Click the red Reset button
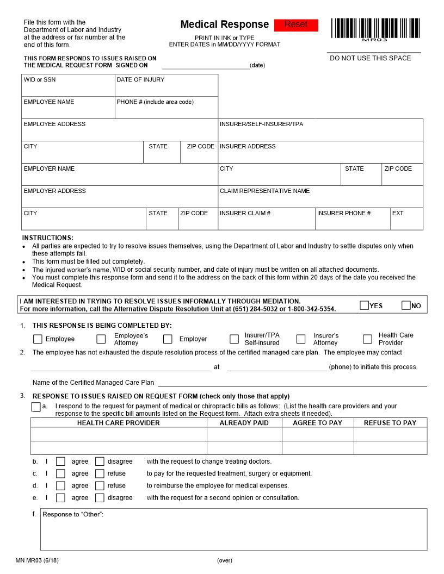296,25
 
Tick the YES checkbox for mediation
364,305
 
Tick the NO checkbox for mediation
406,305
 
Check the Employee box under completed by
38,339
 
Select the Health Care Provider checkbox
368,339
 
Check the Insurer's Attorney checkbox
301,339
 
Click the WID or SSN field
68,89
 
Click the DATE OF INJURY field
166,89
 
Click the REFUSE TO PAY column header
390,423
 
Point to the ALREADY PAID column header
244,423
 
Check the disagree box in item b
100,461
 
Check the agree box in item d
60,486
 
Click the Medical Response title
224,24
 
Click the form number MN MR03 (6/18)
37,560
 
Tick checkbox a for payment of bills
36,407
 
